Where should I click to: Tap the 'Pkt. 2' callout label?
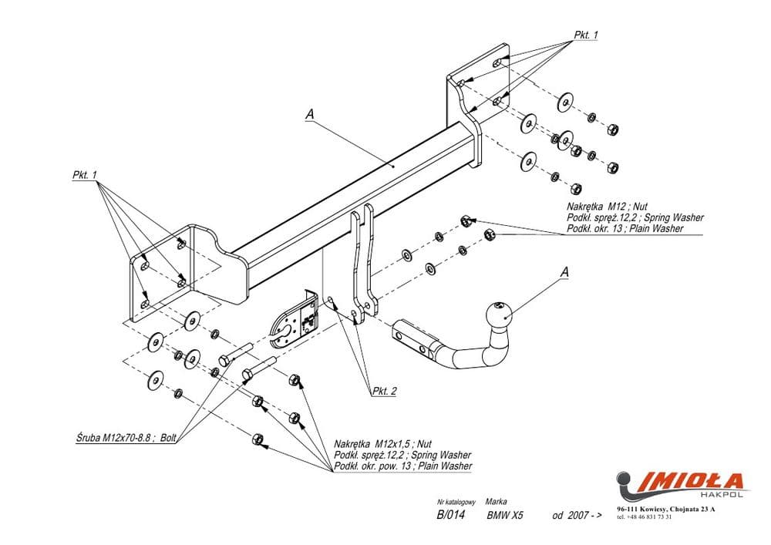pos(383,391)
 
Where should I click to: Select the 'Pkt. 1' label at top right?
pos(585,35)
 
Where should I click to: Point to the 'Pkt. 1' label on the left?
pos(85,175)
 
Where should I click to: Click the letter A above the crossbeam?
pos(310,114)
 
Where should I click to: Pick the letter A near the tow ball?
pos(564,271)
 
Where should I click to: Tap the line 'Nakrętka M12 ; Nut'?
pos(605,207)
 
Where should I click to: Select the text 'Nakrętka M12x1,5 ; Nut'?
pos(383,444)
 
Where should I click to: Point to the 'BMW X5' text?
pos(505,516)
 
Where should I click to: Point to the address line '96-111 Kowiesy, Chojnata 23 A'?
pos(665,509)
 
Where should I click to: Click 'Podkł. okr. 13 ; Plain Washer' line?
pos(625,229)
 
